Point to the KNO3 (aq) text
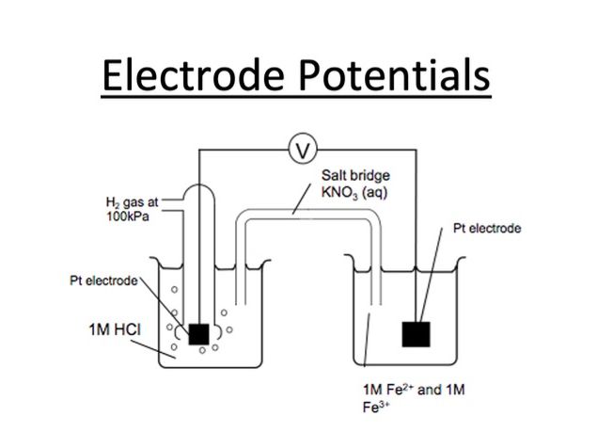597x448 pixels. point(354,192)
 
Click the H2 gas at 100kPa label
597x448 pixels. point(126,207)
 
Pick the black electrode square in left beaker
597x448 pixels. point(199,333)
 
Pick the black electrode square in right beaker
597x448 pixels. point(416,334)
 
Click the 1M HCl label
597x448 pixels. point(104,328)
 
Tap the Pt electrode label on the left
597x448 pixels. point(103,280)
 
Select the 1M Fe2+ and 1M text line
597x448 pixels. point(412,389)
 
